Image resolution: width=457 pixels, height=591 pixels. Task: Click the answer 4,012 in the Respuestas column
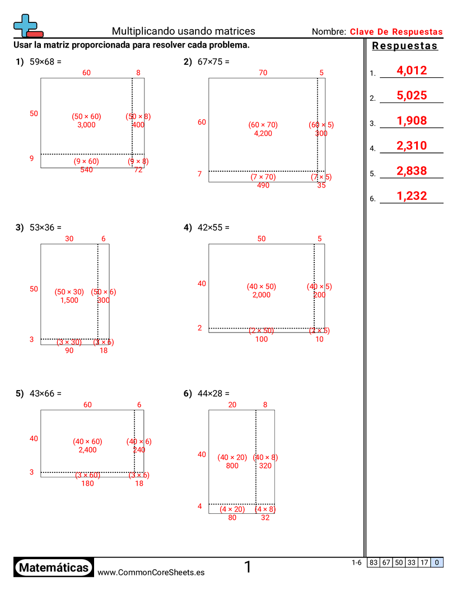point(411,71)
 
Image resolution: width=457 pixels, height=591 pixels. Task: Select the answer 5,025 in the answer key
point(411,96)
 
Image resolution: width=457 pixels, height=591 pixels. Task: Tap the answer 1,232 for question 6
point(411,196)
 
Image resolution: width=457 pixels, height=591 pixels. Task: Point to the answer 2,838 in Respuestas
point(411,171)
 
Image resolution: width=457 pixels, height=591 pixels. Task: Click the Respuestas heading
point(405,46)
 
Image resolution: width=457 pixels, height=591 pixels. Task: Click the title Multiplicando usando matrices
point(183,31)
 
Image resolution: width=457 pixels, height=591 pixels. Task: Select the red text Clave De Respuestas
point(396,32)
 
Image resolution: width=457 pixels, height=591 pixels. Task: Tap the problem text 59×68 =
point(45,62)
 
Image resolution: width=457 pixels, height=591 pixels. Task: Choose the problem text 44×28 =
point(213,394)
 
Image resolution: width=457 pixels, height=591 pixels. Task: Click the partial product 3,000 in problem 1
point(86,125)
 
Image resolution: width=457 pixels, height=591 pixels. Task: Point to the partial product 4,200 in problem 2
point(263,134)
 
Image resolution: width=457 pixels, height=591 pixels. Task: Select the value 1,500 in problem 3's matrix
point(69,301)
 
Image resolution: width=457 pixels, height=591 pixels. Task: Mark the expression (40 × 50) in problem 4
point(262,287)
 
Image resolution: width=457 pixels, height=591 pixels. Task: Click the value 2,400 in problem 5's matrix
point(87,450)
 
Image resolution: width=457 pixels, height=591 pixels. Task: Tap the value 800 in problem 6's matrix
point(232,466)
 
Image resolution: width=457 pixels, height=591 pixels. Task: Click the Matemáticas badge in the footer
point(53,568)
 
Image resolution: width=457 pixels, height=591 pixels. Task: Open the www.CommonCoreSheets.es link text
point(151,573)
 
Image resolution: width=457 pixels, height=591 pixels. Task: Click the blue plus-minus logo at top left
point(26,26)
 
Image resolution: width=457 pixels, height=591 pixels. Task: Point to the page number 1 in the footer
point(248,567)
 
